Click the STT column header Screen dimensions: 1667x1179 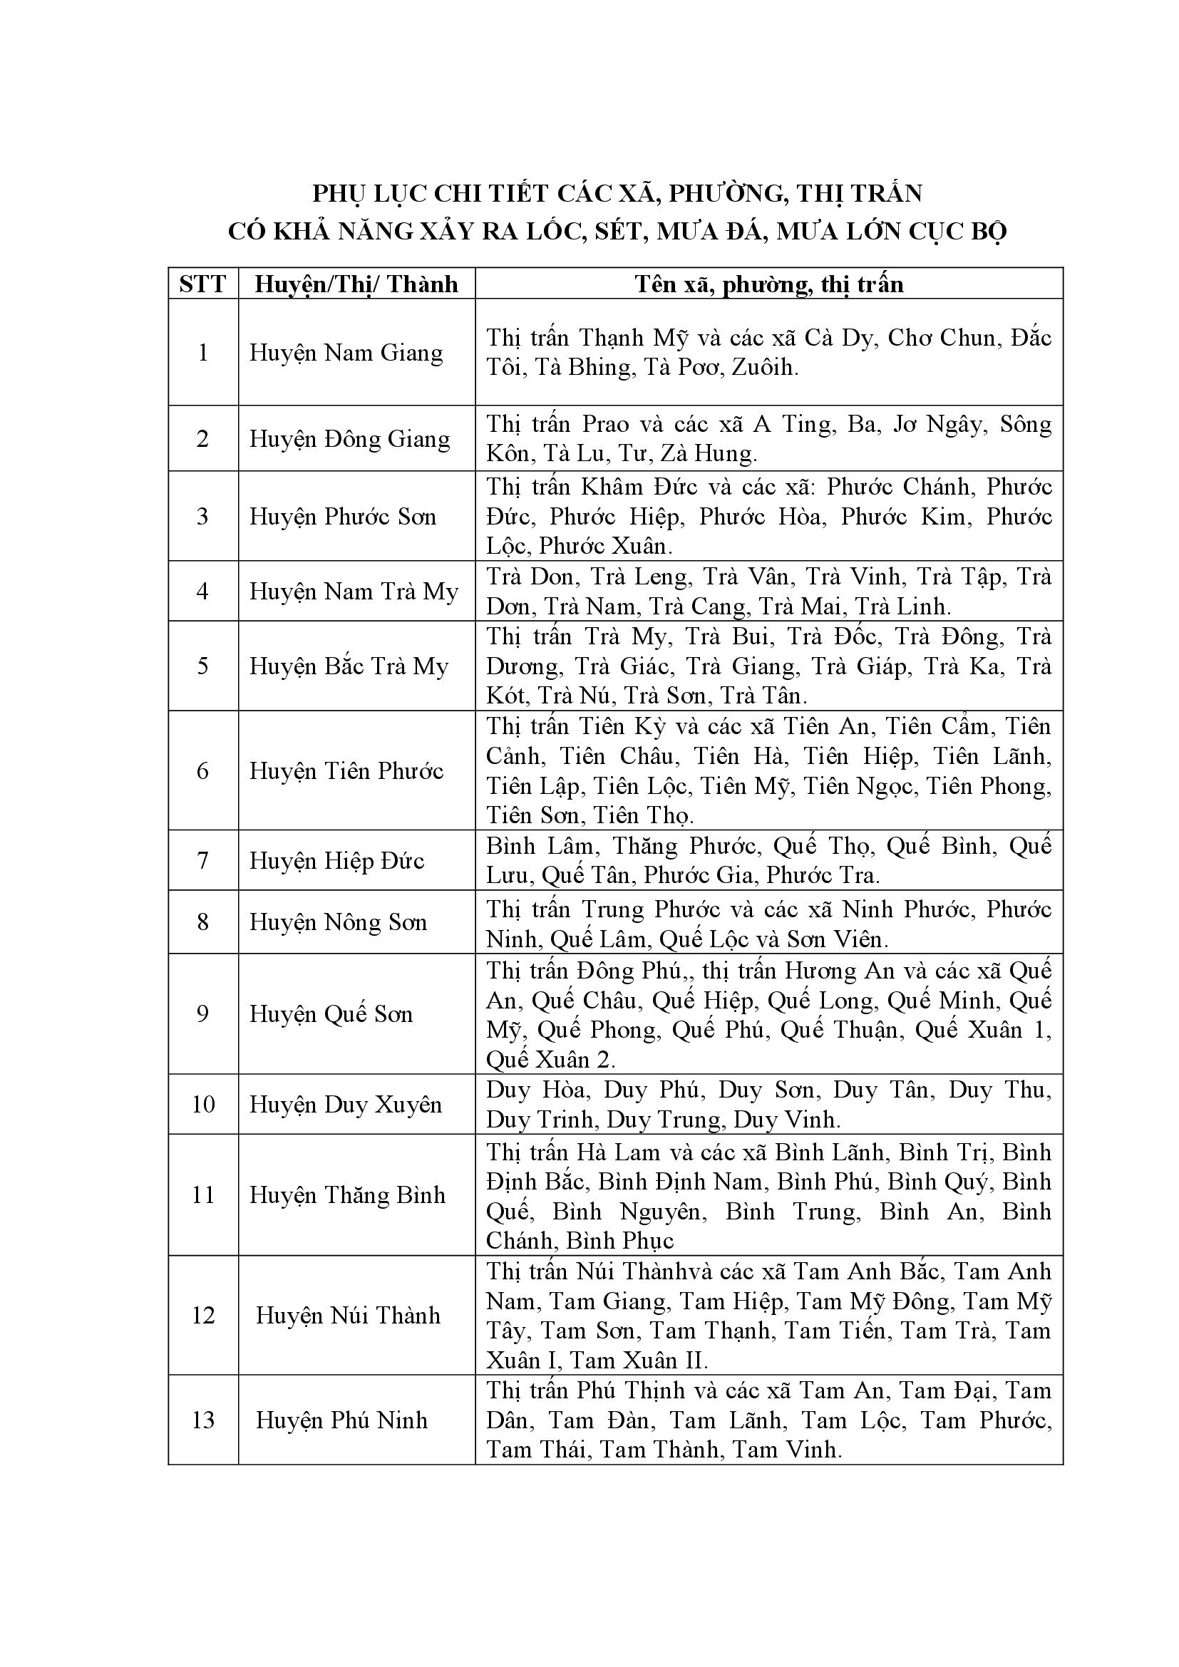pos(202,284)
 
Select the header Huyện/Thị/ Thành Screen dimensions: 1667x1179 pos(356,284)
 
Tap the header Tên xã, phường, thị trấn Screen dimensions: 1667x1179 pos(769,284)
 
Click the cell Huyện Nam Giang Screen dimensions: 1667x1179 pos(346,353)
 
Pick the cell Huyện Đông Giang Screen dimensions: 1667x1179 pos(350,439)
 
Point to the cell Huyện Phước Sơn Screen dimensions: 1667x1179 pos(343,517)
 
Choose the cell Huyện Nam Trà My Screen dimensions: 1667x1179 pos(354,592)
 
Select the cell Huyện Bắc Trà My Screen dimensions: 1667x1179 pos(349,666)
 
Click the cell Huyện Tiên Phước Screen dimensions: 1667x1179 pos(346,771)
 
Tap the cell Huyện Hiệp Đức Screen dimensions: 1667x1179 pos(337,861)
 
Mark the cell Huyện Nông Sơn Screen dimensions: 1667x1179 pos(339,922)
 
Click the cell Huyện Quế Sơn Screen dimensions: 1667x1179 pos(331,1014)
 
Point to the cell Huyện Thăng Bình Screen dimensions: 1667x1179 pos(347,1195)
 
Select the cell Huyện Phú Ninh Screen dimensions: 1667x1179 pos(341,1420)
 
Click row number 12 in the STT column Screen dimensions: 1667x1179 pos(202,1316)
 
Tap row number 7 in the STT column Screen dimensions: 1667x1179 pos(202,861)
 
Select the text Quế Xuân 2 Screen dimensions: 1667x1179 pos(550,1060)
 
